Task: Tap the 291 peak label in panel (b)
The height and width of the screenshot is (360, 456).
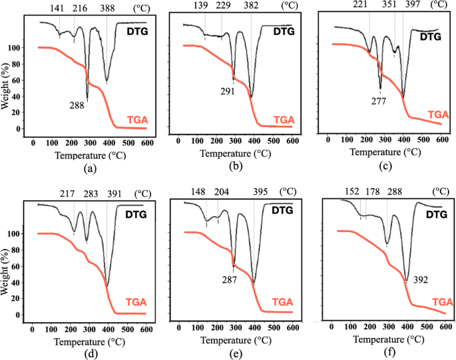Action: coord(228,92)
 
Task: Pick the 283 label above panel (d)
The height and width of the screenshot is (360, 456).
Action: coord(91,195)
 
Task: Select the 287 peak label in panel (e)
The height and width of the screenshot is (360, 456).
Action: coord(229,279)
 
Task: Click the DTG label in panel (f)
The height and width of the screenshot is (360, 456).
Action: coord(437,214)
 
